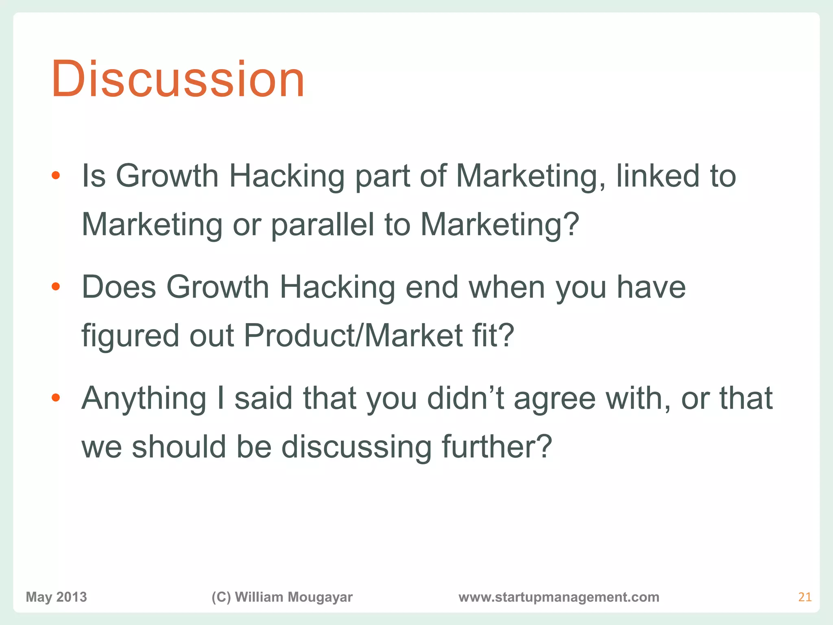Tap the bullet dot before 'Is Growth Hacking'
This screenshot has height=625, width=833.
(x=56, y=176)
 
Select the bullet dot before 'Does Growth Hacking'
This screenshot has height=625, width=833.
(x=56, y=287)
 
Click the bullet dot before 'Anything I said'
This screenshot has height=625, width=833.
(x=56, y=398)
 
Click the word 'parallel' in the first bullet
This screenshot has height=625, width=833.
(x=322, y=225)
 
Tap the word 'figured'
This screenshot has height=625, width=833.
(x=130, y=336)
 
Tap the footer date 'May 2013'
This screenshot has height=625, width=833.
(x=56, y=597)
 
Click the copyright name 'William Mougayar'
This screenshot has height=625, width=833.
(x=294, y=597)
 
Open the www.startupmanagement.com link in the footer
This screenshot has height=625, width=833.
(x=559, y=597)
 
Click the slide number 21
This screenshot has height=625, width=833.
(x=805, y=597)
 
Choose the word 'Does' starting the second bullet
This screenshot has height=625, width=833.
(x=119, y=287)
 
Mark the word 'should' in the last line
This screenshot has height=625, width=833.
(x=179, y=447)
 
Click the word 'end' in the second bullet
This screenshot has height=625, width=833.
(x=432, y=287)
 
